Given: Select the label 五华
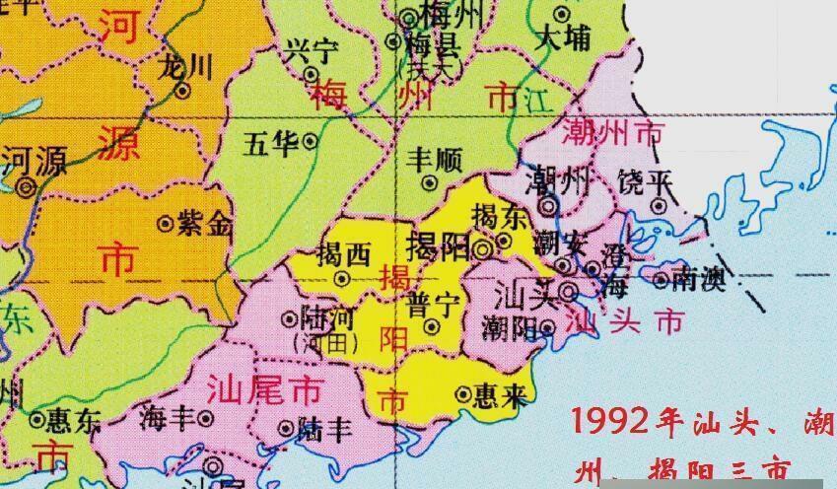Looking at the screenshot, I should pos(271,145).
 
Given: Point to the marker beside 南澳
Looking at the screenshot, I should pos(661,281).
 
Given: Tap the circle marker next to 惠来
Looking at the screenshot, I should pos(462,395).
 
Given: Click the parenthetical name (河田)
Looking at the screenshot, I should pos(320,341).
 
